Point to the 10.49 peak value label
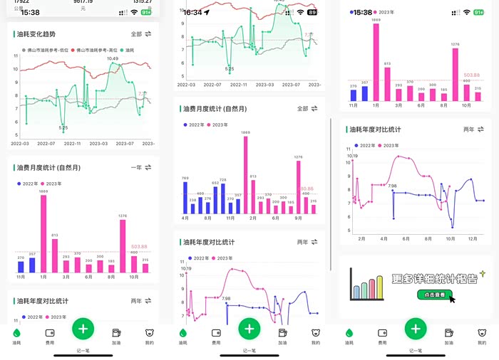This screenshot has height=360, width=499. coord(113,58)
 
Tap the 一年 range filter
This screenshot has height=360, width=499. coord(135,167)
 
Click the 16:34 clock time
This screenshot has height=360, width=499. coord(192,12)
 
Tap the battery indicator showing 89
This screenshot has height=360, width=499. coord(312,12)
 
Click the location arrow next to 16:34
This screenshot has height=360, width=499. coord(207,12)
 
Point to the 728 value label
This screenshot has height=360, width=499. coord(222,181)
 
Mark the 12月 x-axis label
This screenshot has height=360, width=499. coord(473,239)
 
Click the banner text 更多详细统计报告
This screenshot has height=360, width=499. coord(434,279)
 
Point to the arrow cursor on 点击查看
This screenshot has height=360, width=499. coord(452,299)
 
